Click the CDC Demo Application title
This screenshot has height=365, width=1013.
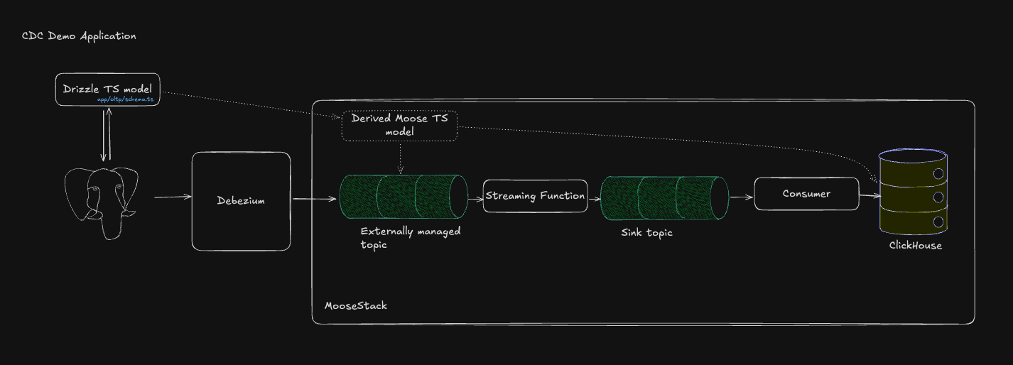tap(79, 36)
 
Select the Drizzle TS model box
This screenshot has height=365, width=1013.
tap(107, 89)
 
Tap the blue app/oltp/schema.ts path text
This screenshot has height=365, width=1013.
tap(125, 99)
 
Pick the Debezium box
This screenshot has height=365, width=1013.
tap(241, 201)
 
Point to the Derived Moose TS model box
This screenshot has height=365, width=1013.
tap(399, 125)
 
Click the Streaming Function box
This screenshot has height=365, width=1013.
tap(535, 196)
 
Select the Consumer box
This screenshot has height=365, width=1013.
tap(806, 194)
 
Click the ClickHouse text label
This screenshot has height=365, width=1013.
tap(915, 246)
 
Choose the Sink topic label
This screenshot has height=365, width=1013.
tap(646, 233)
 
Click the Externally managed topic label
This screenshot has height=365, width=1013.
tap(410, 238)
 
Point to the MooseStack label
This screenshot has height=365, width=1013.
tap(355, 306)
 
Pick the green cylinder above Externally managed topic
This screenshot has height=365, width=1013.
tap(403, 196)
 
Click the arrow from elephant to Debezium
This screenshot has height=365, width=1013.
tap(172, 197)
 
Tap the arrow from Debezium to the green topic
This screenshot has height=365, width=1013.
tap(314, 199)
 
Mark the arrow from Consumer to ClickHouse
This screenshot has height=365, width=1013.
tap(870, 195)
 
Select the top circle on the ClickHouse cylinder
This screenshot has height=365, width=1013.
tap(938, 174)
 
